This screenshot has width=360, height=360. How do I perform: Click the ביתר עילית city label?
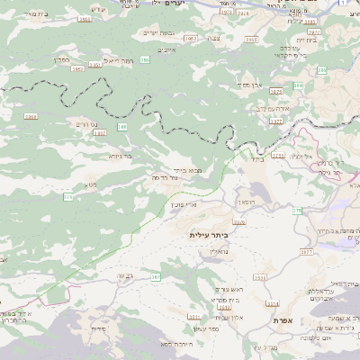point(209,234)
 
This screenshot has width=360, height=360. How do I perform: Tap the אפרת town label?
point(286,320)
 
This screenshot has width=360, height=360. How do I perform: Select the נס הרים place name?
point(86,123)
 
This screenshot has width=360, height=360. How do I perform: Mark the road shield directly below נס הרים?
point(99,133)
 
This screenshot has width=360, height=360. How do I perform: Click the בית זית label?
point(306,40)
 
